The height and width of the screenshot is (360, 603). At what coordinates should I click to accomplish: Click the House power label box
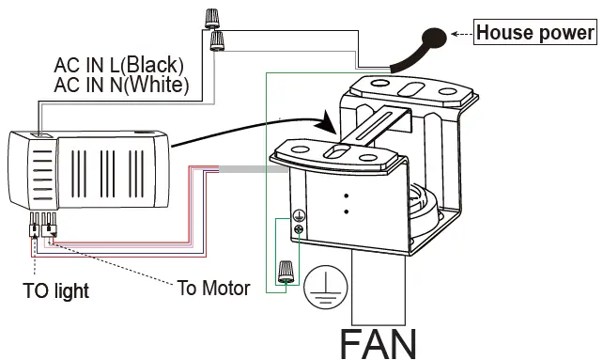[535, 33]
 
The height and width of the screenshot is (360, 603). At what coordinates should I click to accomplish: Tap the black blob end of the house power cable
[435, 39]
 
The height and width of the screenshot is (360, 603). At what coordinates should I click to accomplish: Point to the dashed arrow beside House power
[460, 34]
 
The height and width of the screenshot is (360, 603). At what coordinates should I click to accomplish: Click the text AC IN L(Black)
[118, 66]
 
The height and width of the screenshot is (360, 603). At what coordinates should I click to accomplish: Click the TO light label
[56, 290]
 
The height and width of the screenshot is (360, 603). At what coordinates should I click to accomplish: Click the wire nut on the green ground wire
[285, 273]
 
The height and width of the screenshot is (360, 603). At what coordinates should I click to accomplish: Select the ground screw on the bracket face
[299, 223]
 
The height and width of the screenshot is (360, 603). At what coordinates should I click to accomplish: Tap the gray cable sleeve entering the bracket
[244, 169]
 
